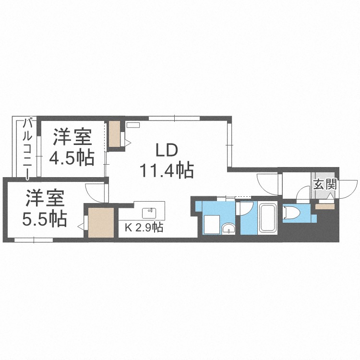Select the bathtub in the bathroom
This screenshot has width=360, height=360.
tap(267, 218)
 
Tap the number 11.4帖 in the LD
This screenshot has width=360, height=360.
tap(167, 170)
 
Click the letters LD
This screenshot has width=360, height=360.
tap(167, 150)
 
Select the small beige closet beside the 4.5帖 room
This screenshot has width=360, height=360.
tap(115, 134)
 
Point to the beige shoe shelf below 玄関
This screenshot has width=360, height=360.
tap(324, 206)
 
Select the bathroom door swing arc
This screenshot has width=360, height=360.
tap(246, 209)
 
